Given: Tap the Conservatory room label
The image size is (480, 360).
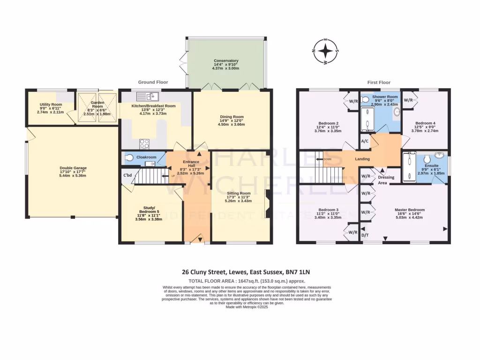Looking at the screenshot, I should (226, 60).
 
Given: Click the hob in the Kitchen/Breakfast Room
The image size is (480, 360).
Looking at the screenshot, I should (144, 143).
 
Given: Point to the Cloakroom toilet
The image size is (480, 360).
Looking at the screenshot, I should (129, 157).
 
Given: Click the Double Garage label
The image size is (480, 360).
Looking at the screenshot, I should (73, 168).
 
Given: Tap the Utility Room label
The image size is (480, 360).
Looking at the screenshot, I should (50, 105).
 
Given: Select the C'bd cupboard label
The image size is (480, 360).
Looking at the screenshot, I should (127, 175).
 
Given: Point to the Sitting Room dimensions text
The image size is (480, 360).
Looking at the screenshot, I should (239, 201).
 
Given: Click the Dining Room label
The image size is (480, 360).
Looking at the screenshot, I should (232, 117).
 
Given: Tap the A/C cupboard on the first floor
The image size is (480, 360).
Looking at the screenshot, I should (364, 141).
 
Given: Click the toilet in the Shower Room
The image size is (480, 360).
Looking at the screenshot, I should (366, 99).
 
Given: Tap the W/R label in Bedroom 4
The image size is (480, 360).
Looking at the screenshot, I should (408, 100).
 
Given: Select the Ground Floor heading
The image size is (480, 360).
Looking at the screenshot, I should (153, 82).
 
